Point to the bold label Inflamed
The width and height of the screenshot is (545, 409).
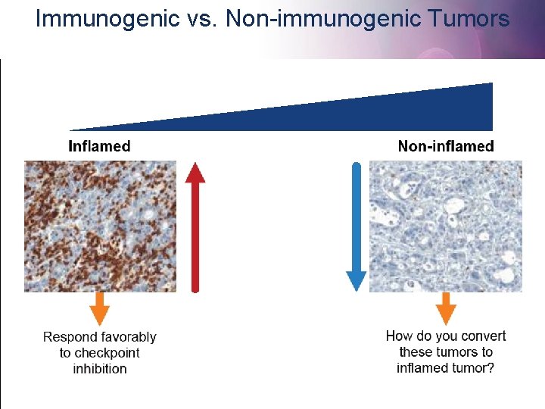(99, 146)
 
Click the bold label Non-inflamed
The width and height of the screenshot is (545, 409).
(445, 146)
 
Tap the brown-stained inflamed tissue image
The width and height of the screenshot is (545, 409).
(100, 226)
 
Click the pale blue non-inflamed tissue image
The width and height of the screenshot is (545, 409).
(445, 226)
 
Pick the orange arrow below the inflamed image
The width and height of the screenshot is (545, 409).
(100, 308)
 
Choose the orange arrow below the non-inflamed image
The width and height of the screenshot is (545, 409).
(447, 308)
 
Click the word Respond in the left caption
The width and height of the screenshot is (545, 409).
(70, 337)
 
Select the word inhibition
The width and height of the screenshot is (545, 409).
(100, 369)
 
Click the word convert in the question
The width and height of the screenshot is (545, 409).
(482, 336)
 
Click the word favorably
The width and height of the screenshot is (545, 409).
(129, 337)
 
